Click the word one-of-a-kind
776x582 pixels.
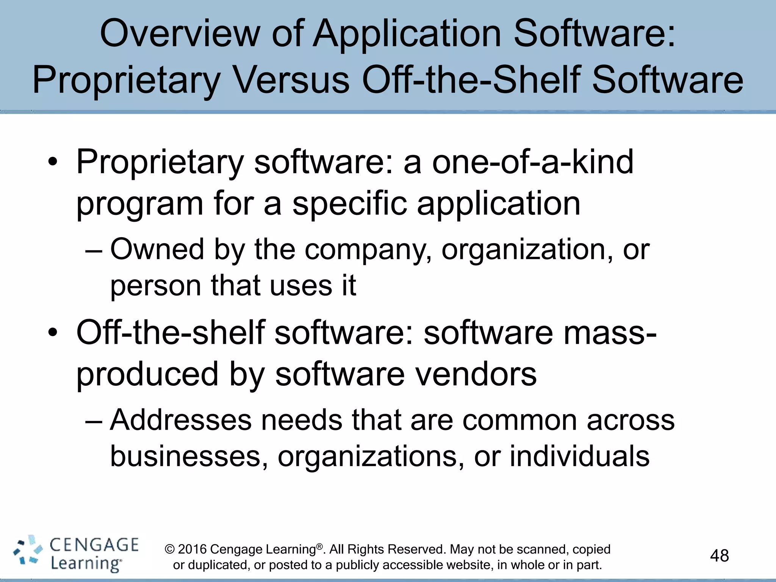click(x=533, y=162)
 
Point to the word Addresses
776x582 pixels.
click(x=181, y=420)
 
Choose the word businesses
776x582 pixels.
click(x=185, y=456)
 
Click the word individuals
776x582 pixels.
click(x=579, y=456)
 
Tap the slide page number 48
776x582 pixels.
click(x=719, y=556)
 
